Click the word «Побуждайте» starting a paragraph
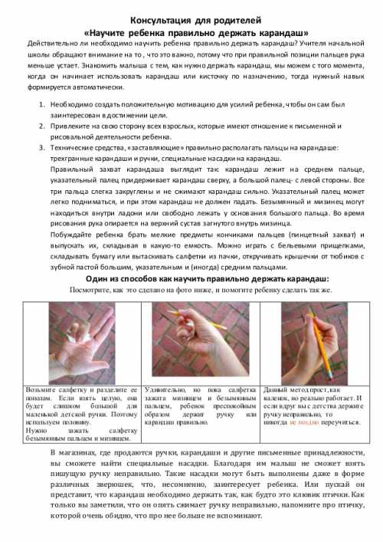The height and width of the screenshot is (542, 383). pos(73,234)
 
